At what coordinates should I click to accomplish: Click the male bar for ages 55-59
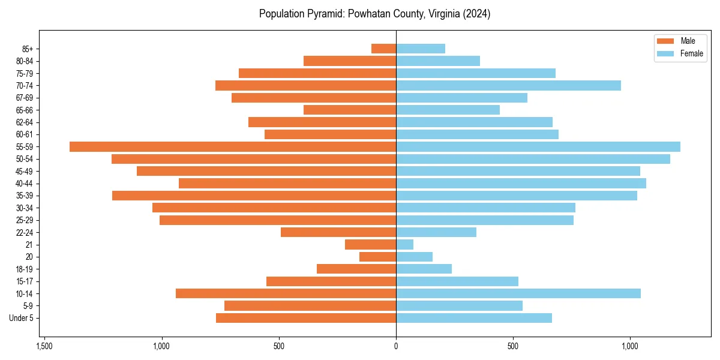[233, 146]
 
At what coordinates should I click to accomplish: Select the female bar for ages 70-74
[508, 85]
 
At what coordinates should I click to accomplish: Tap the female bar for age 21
[404, 244]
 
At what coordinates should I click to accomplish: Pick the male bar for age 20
[377, 257]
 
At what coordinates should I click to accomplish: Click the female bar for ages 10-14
[518, 293]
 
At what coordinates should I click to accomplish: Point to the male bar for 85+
[383, 49]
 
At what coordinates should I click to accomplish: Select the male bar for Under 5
[306, 318]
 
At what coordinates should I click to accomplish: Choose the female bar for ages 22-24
[436, 232]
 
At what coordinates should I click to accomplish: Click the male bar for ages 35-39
[254, 196]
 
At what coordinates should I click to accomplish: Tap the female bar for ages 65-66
[448, 110]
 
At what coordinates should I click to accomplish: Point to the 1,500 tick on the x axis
[44, 347]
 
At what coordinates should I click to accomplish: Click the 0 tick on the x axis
[396, 347]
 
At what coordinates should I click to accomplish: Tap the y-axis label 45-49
[25, 171]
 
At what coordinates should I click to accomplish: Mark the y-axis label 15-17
[25, 281]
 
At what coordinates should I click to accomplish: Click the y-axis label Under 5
[22, 318]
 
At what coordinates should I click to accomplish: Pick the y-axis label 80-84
[25, 61]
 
